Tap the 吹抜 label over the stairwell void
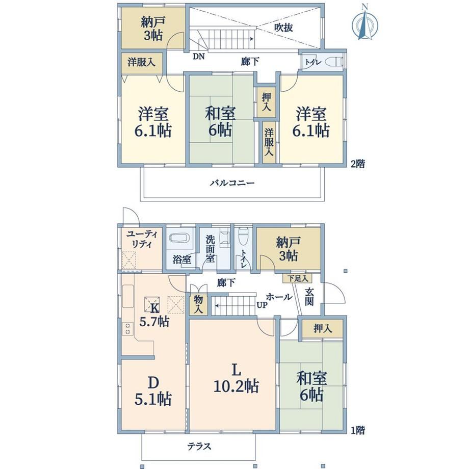(x=283, y=28)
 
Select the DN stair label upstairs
(x=198, y=56)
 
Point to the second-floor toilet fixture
(x=335, y=62)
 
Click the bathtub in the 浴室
(x=179, y=239)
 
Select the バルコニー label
(x=232, y=183)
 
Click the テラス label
(x=199, y=447)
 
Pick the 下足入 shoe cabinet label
(x=298, y=278)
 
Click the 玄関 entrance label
(x=309, y=297)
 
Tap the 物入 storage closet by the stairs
(x=198, y=304)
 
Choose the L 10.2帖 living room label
(x=236, y=378)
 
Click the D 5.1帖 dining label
(x=153, y=390)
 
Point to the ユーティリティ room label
(x=142, y=239)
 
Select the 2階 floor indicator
(x=358, y=164)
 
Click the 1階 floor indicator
(x=358, y=430)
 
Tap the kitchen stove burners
(x=128, y=328)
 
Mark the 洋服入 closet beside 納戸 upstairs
(x=142, y=63)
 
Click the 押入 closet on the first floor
(x=322, y=329)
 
